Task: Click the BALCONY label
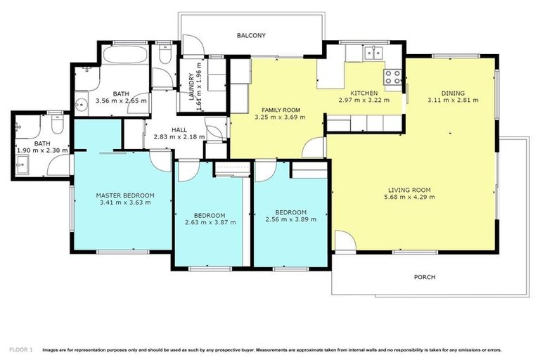(251, 34)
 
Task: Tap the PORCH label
(424, 277)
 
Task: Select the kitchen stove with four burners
(392, 73)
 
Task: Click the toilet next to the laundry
(163, 54)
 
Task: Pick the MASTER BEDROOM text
(125, 195)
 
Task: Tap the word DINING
(452, 93)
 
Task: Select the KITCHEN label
(364, 93)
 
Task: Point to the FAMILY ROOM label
(281, 110)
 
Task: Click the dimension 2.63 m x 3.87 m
(210, 222)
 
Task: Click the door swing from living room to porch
(343, 243)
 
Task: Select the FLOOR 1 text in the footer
(20, 349)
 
